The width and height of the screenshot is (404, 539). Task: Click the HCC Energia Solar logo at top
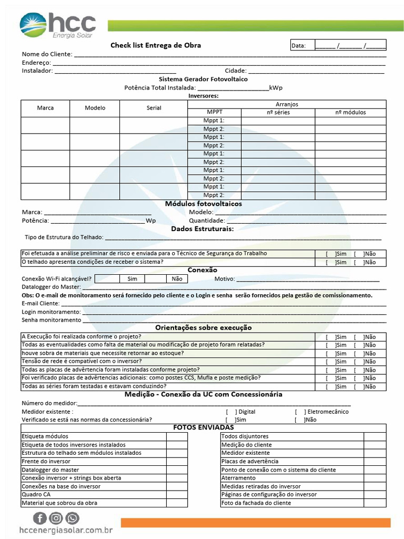click(58, 26)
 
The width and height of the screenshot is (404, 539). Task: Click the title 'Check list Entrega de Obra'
click(155, 45)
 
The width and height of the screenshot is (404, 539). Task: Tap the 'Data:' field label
click(298, 46)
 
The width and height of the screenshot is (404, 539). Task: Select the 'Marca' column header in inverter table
click(45, 108)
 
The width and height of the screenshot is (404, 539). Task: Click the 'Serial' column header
click(154, 108)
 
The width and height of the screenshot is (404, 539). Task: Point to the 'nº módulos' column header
click(350, 112)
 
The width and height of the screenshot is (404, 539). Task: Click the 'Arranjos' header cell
click(287, 104)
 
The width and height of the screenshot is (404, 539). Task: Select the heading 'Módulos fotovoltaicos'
click(204, 204)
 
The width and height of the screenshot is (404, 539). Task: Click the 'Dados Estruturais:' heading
click(202, 228)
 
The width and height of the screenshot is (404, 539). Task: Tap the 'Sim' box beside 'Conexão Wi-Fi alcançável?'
click(132, 279)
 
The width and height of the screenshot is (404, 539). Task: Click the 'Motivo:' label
click(225, 279)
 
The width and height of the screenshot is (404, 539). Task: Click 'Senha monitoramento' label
click(51, 320)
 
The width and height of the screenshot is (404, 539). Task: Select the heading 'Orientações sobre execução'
click(203, 327)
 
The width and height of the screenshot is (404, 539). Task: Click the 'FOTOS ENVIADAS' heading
click(204, 427)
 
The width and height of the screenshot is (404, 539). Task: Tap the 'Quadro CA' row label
click(36, 495)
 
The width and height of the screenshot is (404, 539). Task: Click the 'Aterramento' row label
click(238, 478)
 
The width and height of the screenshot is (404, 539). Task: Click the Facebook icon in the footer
click(41, 518)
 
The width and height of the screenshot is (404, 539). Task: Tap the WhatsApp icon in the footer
click(72, 518)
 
